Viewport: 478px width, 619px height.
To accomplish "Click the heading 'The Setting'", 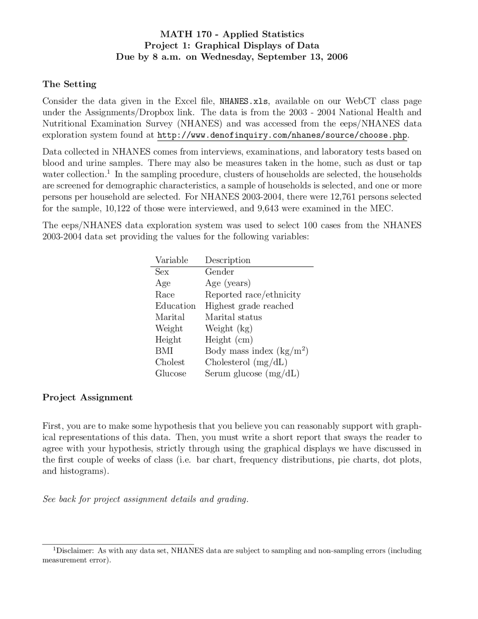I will pos(69,84).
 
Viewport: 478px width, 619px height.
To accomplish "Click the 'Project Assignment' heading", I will pos(87,397).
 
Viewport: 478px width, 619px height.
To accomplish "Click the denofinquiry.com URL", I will pos(282,135).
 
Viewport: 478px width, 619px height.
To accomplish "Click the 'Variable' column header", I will pos(172,260).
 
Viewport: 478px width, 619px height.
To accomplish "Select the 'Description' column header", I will pos(228,260).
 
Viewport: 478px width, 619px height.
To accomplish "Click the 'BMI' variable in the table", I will pos(164,351).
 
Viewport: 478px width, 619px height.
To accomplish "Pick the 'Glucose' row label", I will pos(171,373).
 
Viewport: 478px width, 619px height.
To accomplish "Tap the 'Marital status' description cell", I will pos(233,317).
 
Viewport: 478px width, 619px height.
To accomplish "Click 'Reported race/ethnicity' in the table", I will pos(253,295).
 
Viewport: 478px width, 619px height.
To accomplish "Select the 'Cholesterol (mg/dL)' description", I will pos(246,362).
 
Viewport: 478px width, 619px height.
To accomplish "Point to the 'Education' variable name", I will pos(176,306).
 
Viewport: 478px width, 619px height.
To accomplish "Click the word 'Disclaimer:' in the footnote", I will pos(75,551).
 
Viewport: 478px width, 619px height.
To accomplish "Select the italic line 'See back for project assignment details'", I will pos(146,499).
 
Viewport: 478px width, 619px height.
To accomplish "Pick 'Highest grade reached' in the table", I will pos(249,306).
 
